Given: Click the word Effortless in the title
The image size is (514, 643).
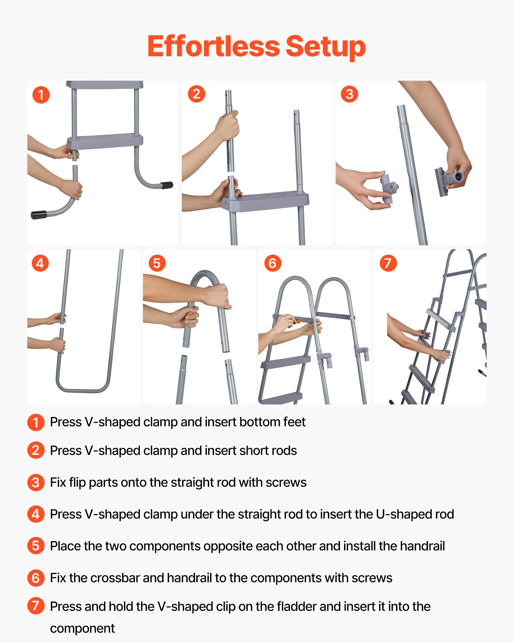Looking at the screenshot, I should coord(214,47).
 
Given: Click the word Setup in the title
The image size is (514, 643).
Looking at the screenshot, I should coord(325,47).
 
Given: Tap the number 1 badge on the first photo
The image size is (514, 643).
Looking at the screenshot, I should coord(41,95).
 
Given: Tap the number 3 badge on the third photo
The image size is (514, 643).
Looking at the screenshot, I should coord(349,94).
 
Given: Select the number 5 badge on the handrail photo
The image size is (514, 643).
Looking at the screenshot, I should coord(157,263).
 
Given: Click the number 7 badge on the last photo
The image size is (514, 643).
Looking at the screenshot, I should coord(388,263).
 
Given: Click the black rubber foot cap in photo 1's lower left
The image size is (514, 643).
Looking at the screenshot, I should coord(39,215).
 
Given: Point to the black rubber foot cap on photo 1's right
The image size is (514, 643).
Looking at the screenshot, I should coord(166,186).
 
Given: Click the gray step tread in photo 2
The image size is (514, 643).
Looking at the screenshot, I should coord(265,201).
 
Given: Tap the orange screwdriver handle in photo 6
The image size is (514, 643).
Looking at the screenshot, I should coord(298,321).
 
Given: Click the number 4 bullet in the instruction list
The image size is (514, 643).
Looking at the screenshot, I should coord(36,514).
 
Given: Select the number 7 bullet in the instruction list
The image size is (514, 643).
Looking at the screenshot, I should coord(36,606).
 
